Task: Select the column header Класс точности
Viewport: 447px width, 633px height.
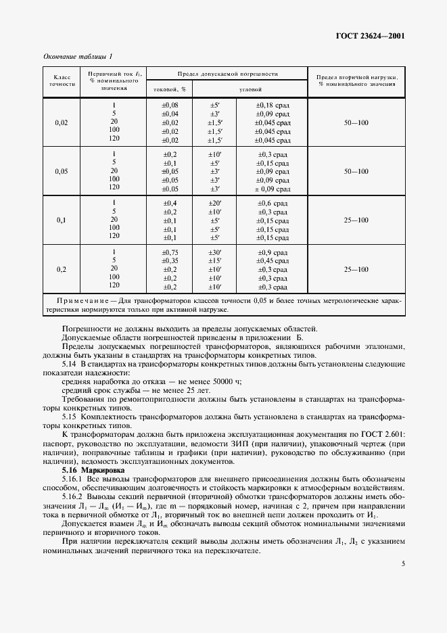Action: (62, 81)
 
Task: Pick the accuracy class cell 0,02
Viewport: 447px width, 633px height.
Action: (62, 123)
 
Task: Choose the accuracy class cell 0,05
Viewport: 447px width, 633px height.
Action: (62, 171)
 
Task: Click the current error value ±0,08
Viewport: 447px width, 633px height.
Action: (170, 105)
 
